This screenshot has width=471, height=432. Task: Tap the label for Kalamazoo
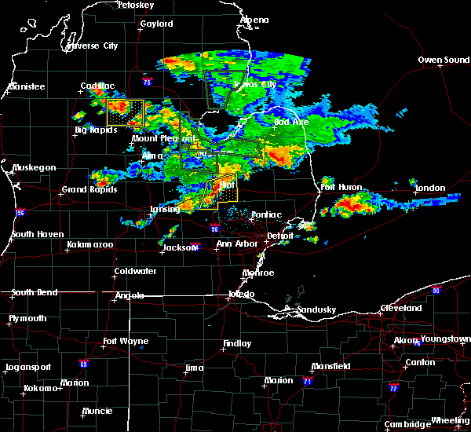click(89, 245)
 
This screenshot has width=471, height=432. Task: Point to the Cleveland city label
click(401, 309)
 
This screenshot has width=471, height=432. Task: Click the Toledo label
click(241, 295)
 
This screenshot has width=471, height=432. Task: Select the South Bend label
click(35, 292)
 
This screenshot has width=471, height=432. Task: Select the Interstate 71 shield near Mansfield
click(307, 381)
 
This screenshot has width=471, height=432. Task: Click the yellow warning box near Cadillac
click(126, 113)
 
